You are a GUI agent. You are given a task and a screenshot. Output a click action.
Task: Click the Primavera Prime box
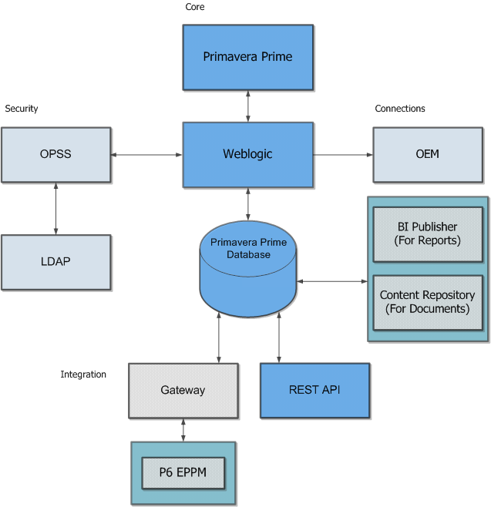(247, 57)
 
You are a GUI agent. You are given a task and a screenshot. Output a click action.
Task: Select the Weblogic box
(247, 154)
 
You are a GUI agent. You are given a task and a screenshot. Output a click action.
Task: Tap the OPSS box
(55, 154)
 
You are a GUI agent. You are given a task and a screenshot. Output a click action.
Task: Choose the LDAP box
(55, 262)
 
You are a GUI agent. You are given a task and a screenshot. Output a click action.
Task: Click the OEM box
(427, 154)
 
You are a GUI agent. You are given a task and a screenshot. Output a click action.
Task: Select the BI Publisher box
(427, 233)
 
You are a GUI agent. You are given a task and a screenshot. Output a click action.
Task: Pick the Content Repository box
(427, 302)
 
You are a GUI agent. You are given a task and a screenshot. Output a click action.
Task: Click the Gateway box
(183, 390)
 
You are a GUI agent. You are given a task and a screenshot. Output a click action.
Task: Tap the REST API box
(314, 390)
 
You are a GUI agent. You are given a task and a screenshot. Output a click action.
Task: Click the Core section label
(195, 8)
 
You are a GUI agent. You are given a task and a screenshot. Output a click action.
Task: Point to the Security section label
(22, 109)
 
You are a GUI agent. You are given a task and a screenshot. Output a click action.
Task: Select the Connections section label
(400, 109)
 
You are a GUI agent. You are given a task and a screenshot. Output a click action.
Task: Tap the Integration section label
(83, 375)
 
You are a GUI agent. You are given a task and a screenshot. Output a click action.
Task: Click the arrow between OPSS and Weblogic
(146, 156)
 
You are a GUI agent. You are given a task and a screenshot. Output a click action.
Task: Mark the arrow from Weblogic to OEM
(343, 156)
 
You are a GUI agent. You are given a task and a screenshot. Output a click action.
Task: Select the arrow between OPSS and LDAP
(55, 208)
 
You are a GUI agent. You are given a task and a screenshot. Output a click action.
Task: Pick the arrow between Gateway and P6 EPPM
(183, 430)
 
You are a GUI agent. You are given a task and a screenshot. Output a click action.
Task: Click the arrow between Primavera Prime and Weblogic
(248, 106)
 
